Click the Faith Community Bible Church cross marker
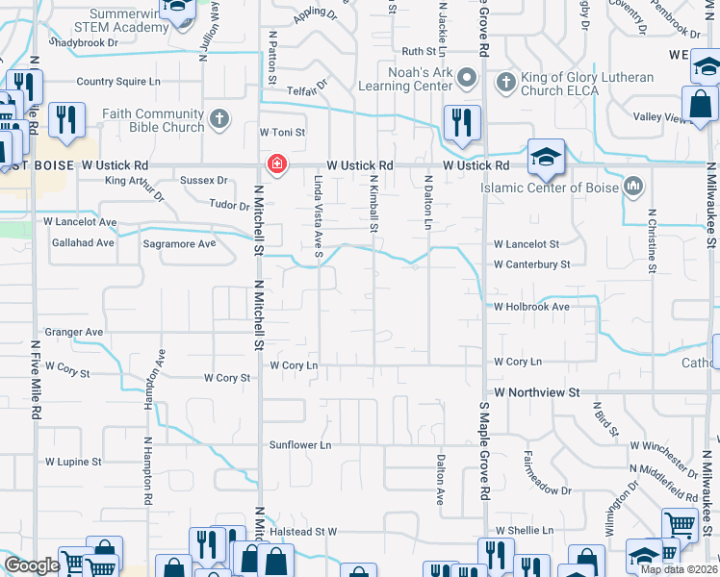tap(219, 120)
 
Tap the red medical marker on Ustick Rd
tap(277, 164)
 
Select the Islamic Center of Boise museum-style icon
tap(633, 186)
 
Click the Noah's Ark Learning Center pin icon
tap(467, 77)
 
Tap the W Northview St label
tap(537, 392)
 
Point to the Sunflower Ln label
tap(299, 445)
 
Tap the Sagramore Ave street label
tap(180, 244)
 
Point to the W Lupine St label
tap(69, 462)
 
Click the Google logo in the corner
tap(32, 565)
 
